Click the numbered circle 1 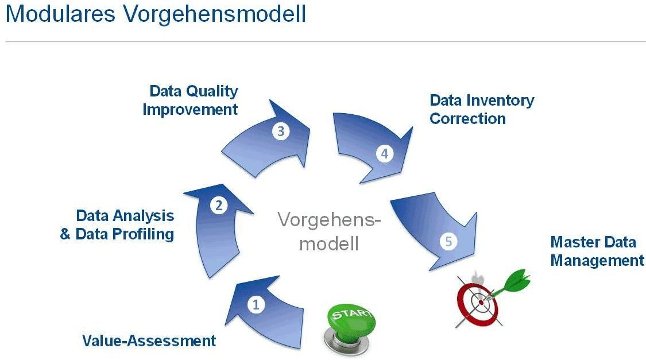pos(256,305)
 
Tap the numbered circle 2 pos(218,205)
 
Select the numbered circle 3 pos(280,131)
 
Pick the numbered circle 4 pos(384,154)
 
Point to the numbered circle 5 pos(448,241)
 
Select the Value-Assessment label pos(149,340)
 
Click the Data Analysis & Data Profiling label pos(118,225)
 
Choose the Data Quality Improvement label pos(191,100)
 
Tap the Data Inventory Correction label pos(481,110)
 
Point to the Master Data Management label pos(597,251)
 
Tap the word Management pos(597,261)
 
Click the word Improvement pos(191,109)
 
